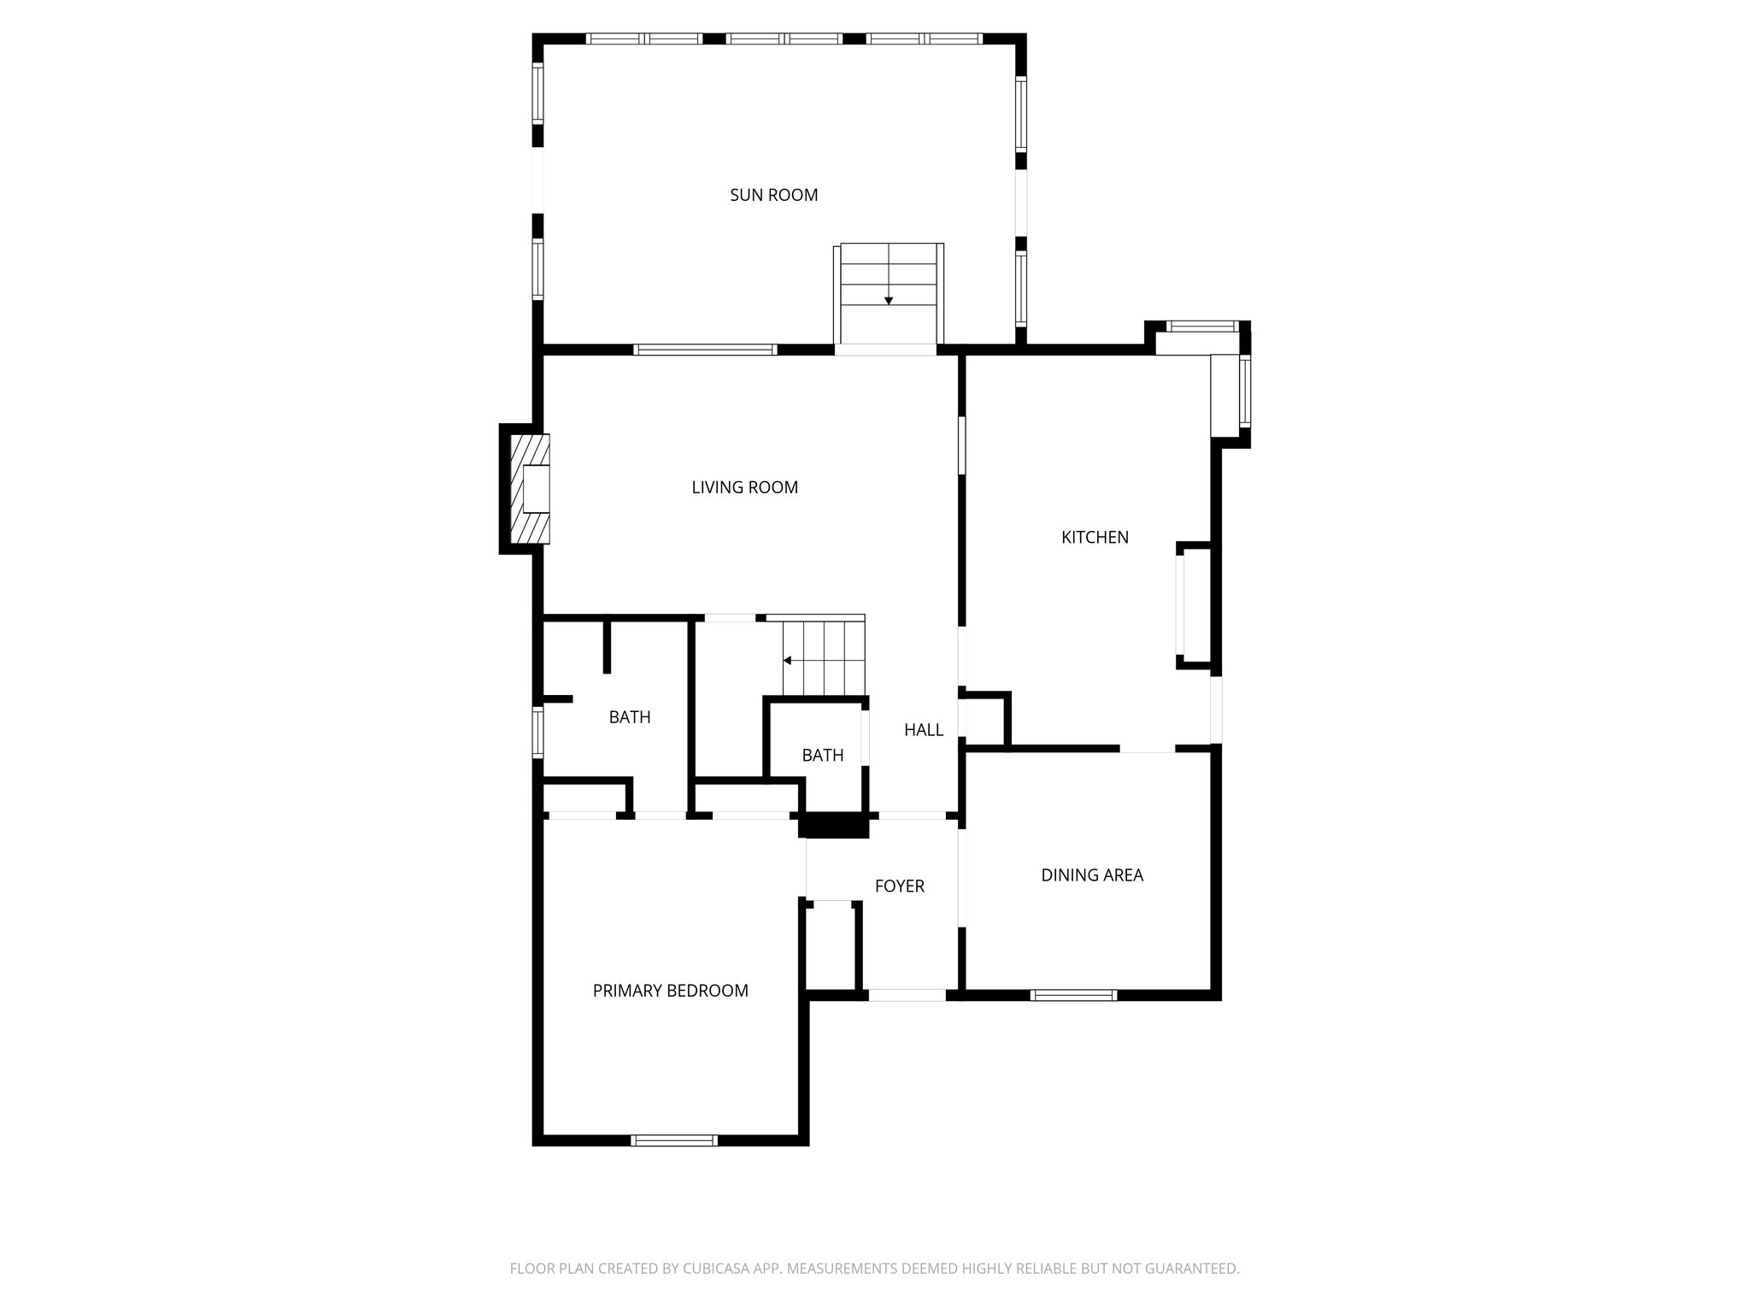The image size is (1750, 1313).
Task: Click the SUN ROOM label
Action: (x=773, y=195)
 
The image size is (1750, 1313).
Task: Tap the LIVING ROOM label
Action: (x=744, y=487)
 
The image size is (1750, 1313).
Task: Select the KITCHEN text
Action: (x=1095, y=537)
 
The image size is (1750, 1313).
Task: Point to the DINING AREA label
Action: (x=1091, y=874)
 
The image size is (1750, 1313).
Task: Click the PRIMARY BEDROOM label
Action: (x=670, y=990)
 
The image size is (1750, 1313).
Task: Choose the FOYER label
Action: (x=899, y=886)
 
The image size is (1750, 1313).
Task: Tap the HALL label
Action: (x=923, y=729)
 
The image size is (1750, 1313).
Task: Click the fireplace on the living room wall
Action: (x=530, y=489)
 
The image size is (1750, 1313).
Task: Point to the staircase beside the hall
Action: (x=824, y=658)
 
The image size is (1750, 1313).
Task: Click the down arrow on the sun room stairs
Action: (x=889, y=300)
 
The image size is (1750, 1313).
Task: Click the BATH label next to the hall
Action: (x=822, y=755)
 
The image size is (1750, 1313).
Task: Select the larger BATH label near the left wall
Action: (x=629, y=717)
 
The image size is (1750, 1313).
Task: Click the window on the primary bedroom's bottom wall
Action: (x=673, y=1139)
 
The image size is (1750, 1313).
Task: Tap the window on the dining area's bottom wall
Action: (x=1073, y=995)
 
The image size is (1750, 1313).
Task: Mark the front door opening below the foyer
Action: (x=907, y=995)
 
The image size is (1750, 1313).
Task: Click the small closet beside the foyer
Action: (x=831, y=946)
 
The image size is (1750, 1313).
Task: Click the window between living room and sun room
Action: (x=705, y=349)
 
